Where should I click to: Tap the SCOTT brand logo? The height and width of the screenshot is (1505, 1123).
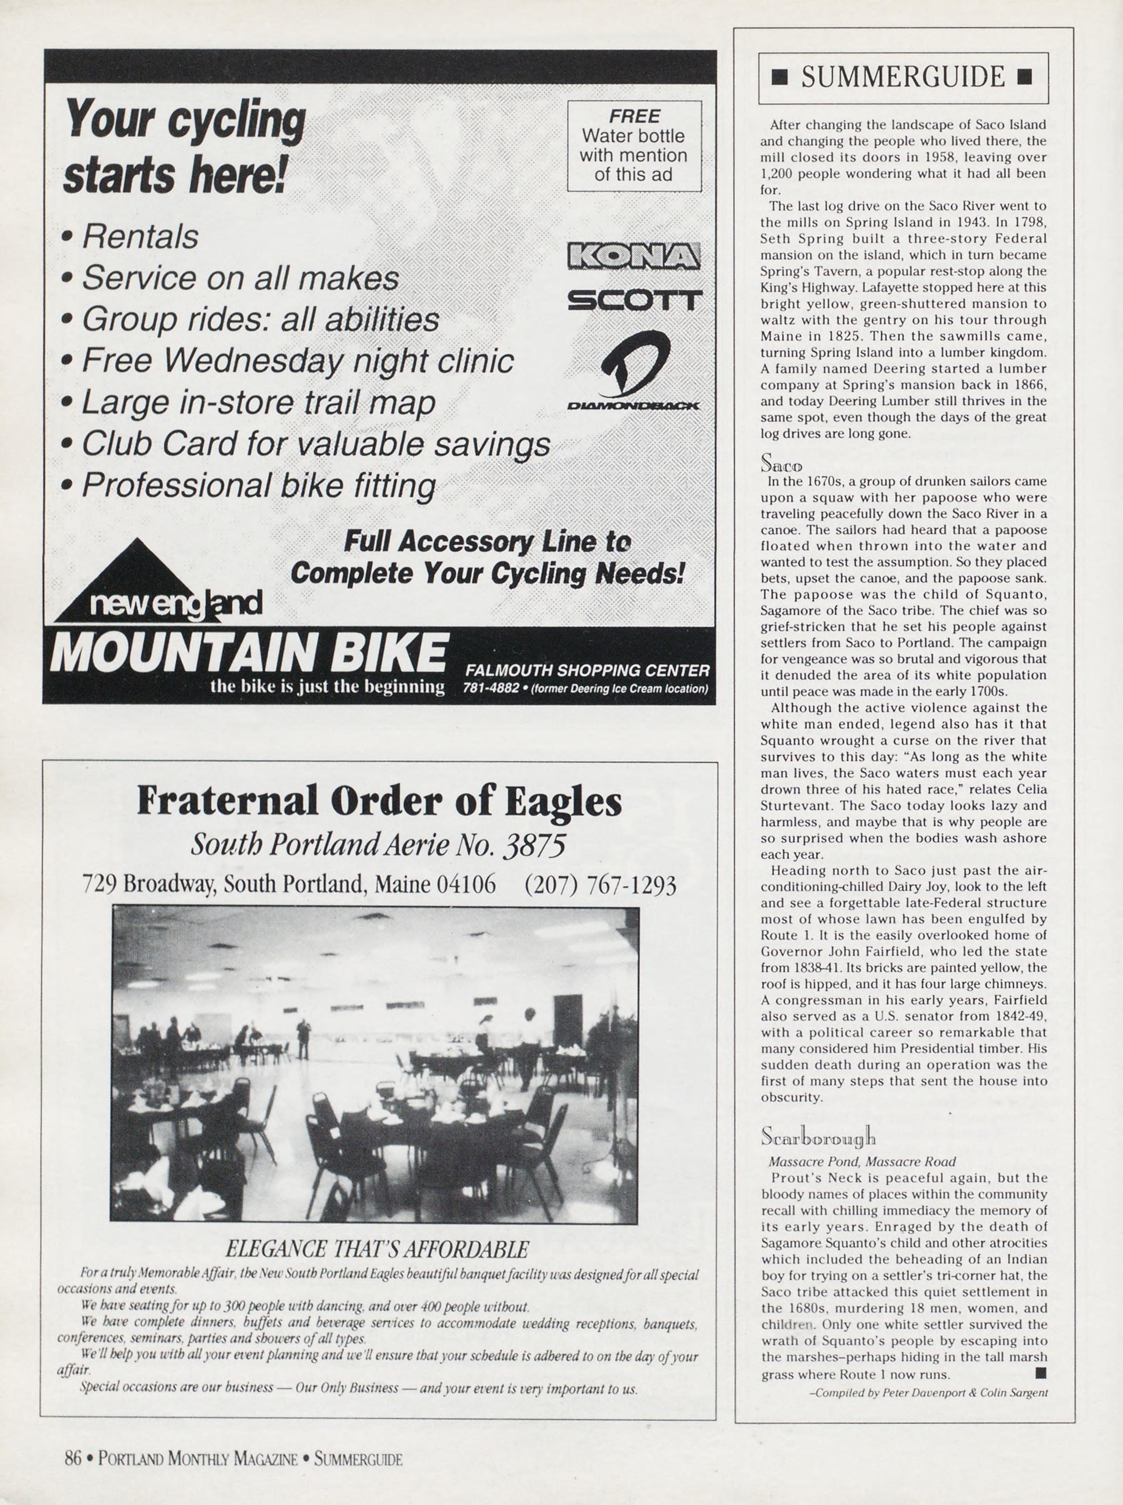(634, 300)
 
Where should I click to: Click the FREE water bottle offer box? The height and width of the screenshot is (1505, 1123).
(634, 145)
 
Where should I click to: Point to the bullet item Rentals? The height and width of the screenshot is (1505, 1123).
(139, 236)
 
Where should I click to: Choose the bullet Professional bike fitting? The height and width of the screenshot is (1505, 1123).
(258, 486)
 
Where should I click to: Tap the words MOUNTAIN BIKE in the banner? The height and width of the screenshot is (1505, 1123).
(249, 652)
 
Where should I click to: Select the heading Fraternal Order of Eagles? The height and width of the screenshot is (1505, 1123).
(379, 800)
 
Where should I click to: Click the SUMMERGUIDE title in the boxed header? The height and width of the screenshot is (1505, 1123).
(903, 77)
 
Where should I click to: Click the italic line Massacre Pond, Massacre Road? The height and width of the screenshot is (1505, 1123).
(861, 1162)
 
